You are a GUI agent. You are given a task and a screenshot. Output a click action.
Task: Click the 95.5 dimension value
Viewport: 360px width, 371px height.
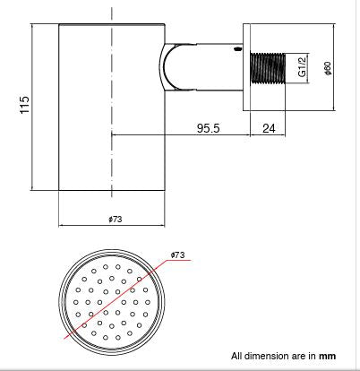pyautogui.click(x=210, y=128)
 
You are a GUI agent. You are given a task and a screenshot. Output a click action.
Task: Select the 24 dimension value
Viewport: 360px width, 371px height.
pyautogui.click(x=268, y=128)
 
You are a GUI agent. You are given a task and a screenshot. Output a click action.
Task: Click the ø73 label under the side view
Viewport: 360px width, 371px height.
pyautogui.click(x=115, y=219)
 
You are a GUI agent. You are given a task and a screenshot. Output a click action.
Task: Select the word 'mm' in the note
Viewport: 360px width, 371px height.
pyautogui.click(x=329, y=357)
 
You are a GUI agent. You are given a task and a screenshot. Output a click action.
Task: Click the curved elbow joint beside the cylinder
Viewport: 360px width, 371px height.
pyautogui.click(x=170, y=68)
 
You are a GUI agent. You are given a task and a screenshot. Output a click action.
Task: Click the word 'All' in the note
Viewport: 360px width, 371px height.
pyautogui.click(x=236, y=357)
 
